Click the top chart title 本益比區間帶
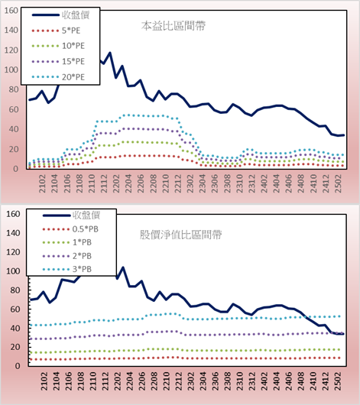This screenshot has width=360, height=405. (174, 26)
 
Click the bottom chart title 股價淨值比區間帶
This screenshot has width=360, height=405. (180, 235)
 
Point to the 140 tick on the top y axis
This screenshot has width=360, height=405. (11, 31)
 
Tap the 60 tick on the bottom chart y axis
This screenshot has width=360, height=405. (15, 309)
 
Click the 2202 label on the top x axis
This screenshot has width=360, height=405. (115, 183)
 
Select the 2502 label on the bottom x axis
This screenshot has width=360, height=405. (338, 381)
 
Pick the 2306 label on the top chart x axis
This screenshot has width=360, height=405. (215, 183)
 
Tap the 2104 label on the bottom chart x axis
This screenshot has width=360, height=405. (56, 381)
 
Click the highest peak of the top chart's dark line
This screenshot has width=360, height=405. (109, 53)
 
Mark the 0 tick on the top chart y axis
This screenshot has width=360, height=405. (16, 169)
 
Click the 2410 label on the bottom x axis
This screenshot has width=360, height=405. (313, 381)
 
